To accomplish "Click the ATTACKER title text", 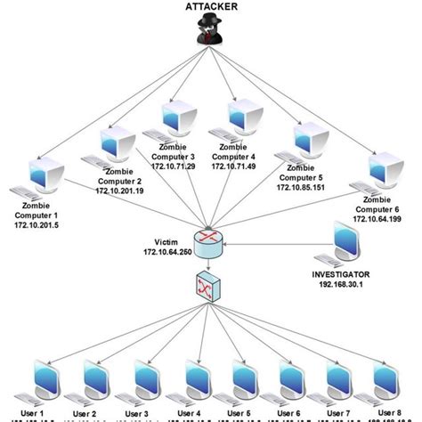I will point(212,7).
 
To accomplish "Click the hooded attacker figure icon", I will point(212,35).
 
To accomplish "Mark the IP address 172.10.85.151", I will point(300,188).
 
